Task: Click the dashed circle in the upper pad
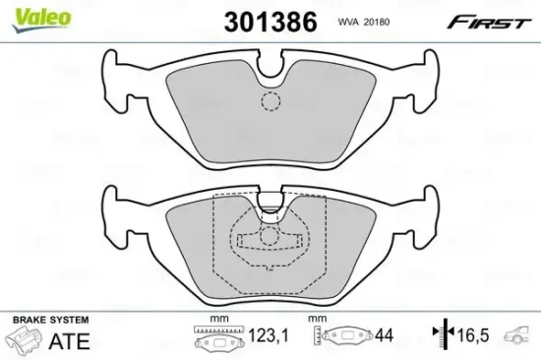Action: pos(270,101)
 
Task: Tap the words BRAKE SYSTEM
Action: pos(48,321)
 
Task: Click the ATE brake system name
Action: pos(73,339)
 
